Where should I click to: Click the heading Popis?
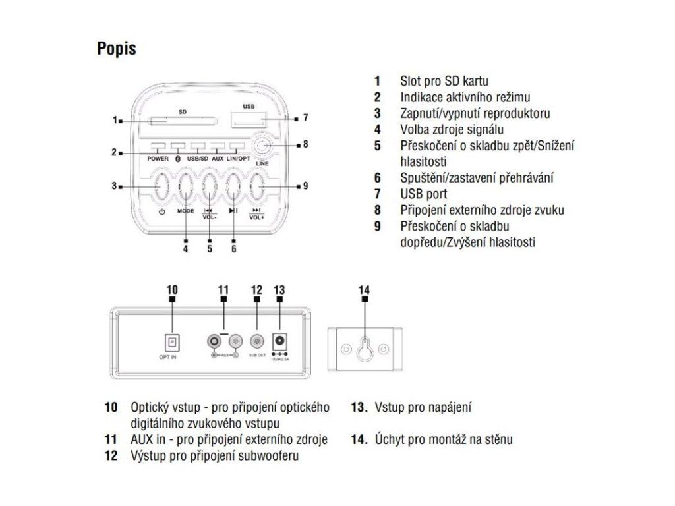point(117,49)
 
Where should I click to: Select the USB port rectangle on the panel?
point(249,119)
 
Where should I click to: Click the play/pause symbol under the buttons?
point(233,211)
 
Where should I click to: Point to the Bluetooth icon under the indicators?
point(177,159)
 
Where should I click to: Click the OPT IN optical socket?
point(172,341)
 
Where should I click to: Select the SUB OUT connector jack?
point(256,341)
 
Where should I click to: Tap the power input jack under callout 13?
point(279,341)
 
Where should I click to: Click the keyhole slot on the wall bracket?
point(365,348)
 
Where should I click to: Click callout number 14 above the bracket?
point(365,289)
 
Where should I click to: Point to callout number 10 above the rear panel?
point(172,289)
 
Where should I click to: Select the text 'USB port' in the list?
point(423,194)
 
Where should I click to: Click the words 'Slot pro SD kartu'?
point(444,82)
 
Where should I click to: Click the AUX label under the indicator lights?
point(218,159)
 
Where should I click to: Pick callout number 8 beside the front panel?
point(305,144)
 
